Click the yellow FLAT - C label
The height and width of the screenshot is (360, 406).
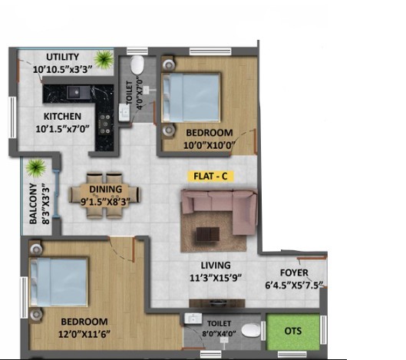tap(210, 176)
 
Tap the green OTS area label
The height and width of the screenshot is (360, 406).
tap(293, 331)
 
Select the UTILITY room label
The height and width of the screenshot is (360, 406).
tap(62, 57)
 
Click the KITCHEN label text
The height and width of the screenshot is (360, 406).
tap(62, 117)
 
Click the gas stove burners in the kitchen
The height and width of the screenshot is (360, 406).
tap(105, 125)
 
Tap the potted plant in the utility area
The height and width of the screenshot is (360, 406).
tap(104, 60)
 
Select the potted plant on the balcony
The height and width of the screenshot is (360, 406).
tap(36, 168)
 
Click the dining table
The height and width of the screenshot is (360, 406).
tap(105, 195)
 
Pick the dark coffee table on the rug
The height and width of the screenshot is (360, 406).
tap(208, 234)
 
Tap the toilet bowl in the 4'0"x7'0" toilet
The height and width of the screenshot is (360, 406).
tap(137, 64)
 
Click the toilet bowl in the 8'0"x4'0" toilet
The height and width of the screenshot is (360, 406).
tap(250, 330)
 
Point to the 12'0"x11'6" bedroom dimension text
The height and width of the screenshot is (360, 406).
tap(84, 334)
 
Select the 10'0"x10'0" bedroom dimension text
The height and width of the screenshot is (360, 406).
tap(210, 145)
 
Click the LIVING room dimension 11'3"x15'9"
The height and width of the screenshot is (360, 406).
tap(216, 278)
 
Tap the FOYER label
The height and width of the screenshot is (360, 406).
tap(294, 272)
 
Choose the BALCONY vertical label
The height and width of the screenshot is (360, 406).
tap(33, 203)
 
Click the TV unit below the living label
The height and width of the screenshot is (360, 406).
tap(217, 303)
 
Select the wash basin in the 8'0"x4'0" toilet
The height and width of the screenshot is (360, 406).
tap(193, 319)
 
